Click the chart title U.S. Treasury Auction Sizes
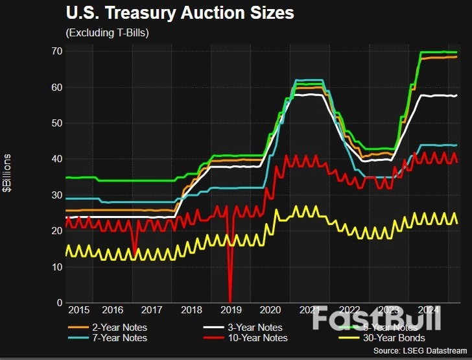tap(180, 13)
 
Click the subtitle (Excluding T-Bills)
tap(108, 32)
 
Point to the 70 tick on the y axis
tap(56, 51)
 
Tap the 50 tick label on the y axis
tap(56, 123)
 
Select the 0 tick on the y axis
tap(59, 303)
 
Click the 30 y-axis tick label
tap(56, 195)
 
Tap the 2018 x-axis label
tap(192, 311)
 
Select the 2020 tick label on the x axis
tap(270, 311)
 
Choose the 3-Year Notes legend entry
tap(256, 326)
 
